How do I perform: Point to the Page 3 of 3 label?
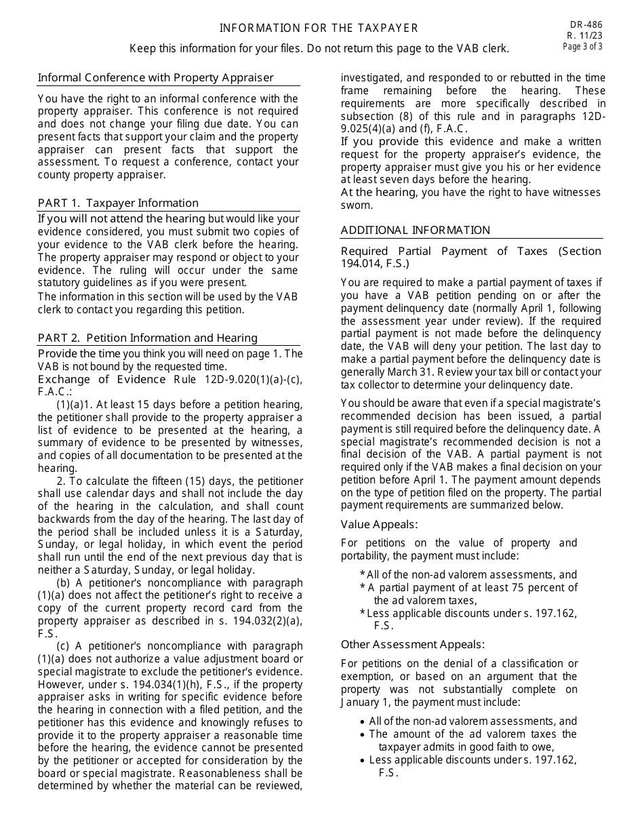582,47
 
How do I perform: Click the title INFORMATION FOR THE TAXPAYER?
319,28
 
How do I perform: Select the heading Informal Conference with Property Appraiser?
156,77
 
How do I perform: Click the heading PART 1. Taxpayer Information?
118,203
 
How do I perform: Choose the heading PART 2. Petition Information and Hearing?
148,338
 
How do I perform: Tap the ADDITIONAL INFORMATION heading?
415,230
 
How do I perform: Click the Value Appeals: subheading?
379,524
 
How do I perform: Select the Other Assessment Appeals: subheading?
413,644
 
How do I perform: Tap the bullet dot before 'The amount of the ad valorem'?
363,734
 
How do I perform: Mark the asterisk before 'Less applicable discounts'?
363,614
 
